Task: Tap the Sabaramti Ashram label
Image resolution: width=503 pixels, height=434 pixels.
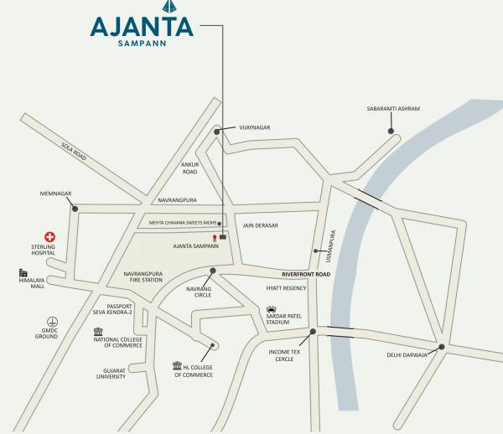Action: pyautogui.click(x=393, y=109)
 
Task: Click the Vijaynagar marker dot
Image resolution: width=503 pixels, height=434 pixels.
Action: pyautogui.click(x=217, y=131)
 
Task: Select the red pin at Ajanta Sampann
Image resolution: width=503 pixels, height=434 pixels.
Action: pyautogui.click(x=215, y=240)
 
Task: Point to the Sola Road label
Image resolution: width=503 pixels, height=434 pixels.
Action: pyautogui.click(x=74, y=151)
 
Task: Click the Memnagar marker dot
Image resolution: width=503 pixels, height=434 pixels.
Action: pyautogui.click(x=75, y=209)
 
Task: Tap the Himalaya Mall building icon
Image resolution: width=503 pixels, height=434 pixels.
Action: pyautogui.click(x=23, y=273)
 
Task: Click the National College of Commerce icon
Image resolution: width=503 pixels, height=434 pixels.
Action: pyautogui.click(x=99, y=331)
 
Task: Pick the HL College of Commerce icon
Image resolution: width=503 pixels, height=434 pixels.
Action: pyautogui.click(x=177, y=365)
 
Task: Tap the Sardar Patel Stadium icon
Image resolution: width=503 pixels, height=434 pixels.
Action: pyautogui.click(x=272, y=309)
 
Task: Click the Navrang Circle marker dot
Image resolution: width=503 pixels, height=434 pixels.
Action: pyautogui.click(x=213, y=271)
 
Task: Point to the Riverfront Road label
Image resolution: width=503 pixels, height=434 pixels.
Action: pyautogui.click(x=306, y=274)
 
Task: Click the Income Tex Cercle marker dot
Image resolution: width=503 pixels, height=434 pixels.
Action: pyautogui.click(x=313, y=332)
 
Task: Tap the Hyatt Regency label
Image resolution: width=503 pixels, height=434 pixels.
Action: pyautogui.click(x=286, y=288)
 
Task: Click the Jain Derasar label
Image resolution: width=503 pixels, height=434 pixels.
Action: pyautogui.click(x=260, y=225)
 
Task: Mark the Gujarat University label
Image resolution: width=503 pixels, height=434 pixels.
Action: pyautogui.click(x=109, y=373)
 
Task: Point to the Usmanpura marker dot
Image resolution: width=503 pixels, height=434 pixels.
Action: pyautogui.click(x=316, y=250)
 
